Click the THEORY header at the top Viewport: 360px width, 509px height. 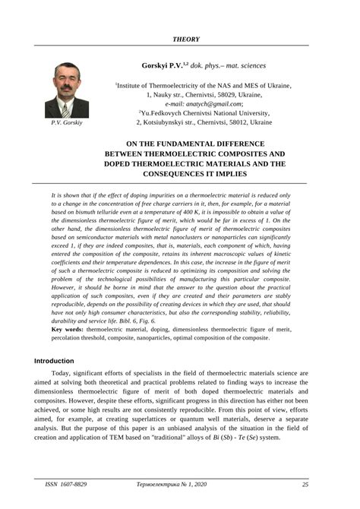point(186,36)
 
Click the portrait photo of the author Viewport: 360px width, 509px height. point(67,90)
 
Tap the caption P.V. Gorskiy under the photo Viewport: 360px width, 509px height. point(67,122)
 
